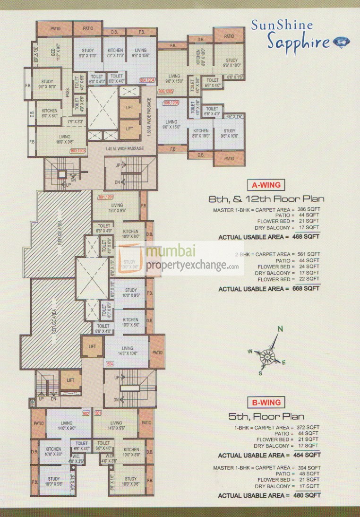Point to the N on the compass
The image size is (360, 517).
pyautogui.click(x=280, y=329)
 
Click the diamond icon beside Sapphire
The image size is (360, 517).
pyautogui.click(x=340, y=42)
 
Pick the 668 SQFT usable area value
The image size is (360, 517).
pyautogui.click(x=306, y=288)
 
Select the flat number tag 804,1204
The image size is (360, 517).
pyautogui.click(x=147, y=80)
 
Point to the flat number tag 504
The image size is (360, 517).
pyautogui.click(x=111, y=364)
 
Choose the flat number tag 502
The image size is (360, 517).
pyautogui.click(x=86, y=414)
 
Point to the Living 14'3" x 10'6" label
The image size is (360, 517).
pyautogui.click(x=127, y=351)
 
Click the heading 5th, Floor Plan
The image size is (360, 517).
pyautogui.click(x=266, y=417)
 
